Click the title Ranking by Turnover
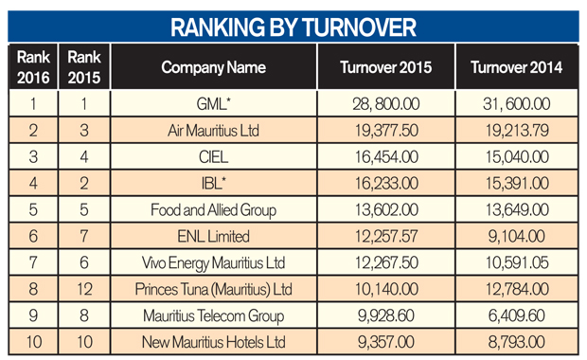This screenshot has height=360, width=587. pos(293,27)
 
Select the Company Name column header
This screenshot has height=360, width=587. pos(213,68)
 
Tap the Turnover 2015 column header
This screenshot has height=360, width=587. pos(386,67)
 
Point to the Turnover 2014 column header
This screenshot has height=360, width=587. pos(517,67)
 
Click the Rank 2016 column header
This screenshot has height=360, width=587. pos(33,67)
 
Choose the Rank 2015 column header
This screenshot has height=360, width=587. pos(84,67)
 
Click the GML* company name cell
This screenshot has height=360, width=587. pos(213,104)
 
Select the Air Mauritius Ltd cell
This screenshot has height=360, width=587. pos(213,131)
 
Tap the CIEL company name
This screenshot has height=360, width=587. pos(213,157)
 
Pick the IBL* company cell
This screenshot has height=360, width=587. pos(213,183)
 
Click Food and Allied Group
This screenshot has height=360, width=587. pos(213,210)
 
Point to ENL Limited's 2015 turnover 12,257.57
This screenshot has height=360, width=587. pos(386,237)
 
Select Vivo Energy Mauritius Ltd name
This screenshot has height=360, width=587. pos(213,263)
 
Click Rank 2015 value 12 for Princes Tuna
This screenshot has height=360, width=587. pos(84,289)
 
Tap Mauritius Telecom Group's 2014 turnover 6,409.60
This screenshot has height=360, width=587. pos(517,315)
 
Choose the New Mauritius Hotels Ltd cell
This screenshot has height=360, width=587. pos(213,342)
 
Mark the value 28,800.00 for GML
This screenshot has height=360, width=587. pos(386,104)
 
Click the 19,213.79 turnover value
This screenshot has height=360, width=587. pos(517,131)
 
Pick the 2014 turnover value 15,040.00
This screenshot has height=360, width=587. pos(517,157)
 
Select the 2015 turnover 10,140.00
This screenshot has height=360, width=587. pos(386,289)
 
